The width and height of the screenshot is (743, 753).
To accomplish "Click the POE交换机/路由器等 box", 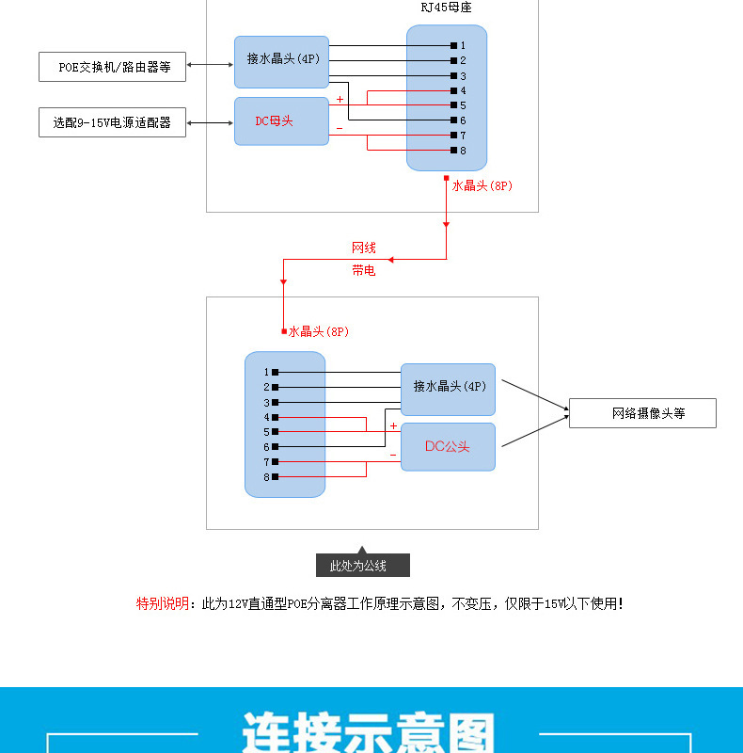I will point(112,67).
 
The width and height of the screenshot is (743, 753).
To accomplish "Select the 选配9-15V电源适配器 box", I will point(112,122).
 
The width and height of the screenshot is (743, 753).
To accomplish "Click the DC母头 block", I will point(281,121).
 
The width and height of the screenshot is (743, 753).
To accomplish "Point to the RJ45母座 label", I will point(446,8).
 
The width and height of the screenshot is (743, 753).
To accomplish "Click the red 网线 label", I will point(364,248).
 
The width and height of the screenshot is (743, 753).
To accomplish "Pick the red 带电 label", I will point(364,270).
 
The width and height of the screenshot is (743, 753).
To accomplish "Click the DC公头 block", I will point(448,446).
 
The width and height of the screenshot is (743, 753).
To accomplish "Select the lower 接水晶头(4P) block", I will point(449,387).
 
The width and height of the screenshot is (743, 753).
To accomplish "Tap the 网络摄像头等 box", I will point(642,413).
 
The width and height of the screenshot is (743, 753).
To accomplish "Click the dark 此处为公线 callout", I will point(363,566).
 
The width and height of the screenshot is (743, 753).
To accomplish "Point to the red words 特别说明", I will point(163,603).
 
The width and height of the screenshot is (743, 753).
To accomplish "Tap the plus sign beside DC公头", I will point(393,426).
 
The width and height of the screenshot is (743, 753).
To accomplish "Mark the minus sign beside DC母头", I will point(340,128).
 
